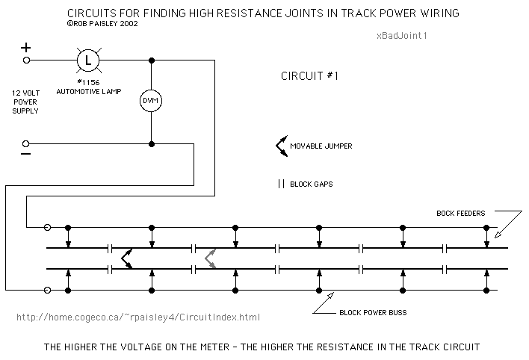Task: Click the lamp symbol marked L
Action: click(x=88, y=60)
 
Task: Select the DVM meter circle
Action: click(x=151, y=101)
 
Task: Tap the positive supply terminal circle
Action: click(x=26, y=60)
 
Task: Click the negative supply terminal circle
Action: click(x=25, y=144)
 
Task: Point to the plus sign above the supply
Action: click(x=25, y=48)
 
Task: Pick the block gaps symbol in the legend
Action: click(x=282, y=184)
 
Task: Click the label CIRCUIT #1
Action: click(x=309, y=76)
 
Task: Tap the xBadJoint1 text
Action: click(x=402, y=35)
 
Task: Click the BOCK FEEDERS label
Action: click(x=460, y=213)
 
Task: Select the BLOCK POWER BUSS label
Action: click(x=373, y=313)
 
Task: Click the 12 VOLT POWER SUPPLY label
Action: click(x=25, y=102)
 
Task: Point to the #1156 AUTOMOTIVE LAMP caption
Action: click(x=89, y=87)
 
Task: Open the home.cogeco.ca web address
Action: click(x=138, y=317)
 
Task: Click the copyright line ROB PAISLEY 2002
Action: click(x=102, y=24)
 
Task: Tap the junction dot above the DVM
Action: click(x=152, y=60)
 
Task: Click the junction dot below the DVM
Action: click(x=152, y=144)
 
